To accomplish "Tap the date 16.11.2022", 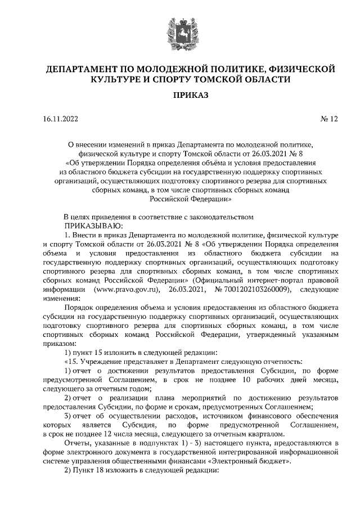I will tap(61, 119).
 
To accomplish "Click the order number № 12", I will tap(329, 119).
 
